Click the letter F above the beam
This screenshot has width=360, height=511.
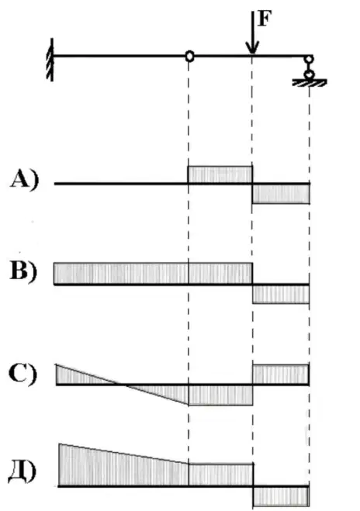pos(264,19)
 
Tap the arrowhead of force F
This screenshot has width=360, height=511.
pos(252,48)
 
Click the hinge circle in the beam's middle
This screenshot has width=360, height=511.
pos(189,57)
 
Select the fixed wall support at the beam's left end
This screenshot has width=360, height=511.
pos(50,59)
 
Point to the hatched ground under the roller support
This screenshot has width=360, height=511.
pos(309,83)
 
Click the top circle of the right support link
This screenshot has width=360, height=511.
pos(309,60)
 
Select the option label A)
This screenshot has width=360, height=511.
pos(24,180)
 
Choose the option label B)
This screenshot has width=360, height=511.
pos(23,271)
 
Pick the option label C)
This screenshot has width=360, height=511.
pos(22,374)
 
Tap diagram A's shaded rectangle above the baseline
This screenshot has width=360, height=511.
pos(220,175)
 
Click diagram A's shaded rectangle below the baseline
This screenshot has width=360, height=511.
pos(281,194)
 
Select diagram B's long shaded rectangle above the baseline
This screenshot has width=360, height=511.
pos(154,274)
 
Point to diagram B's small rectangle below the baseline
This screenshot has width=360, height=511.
pos(281,294)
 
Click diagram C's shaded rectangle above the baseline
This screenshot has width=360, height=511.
pos(281,375)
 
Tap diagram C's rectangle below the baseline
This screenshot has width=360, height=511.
pos(221,395)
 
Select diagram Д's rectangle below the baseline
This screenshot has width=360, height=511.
pos(282,496)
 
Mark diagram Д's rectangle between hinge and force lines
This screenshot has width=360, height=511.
pos(221,475)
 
